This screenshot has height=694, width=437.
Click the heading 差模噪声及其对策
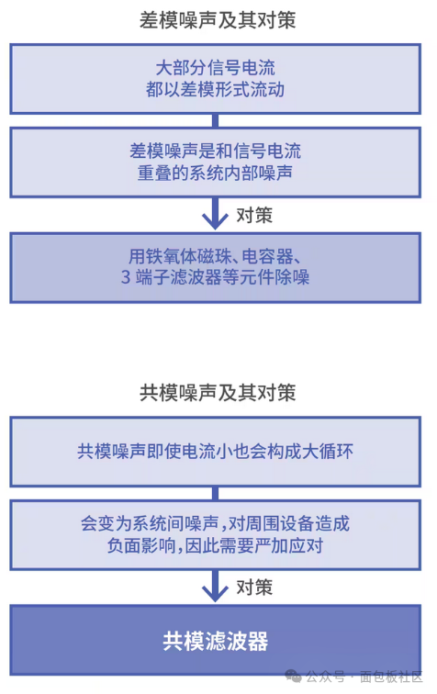coord(218,20)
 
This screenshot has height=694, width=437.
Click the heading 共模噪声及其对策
coord(218,393)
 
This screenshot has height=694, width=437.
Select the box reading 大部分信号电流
coord(215,79)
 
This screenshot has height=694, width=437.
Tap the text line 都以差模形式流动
coord(215,90)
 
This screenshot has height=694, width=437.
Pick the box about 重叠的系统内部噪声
coord(215,162)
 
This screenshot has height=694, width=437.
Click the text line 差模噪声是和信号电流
coord(215,151)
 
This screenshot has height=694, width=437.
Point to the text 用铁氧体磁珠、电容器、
coord(215,256)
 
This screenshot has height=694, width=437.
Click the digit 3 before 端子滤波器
coord(126,277)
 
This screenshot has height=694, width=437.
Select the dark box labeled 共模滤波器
coord(215,640)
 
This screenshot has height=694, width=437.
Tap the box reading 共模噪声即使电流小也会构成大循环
coord(215,452)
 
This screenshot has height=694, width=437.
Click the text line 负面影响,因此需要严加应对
coord(215,545)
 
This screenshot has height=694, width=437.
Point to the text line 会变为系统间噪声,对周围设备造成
coord(215,524)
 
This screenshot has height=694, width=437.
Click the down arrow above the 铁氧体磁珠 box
coord(215,213)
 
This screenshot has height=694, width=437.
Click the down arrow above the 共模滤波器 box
coord(215,586)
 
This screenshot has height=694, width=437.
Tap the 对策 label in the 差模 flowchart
coord(254,215)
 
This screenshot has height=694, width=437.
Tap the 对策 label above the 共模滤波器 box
coord(254,588)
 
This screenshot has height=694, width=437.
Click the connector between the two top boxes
coord(215,121)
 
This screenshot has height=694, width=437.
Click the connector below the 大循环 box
coord(215,494)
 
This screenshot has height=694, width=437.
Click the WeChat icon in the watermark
coord(293,677)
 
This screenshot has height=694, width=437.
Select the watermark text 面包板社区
coord(391,677)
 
